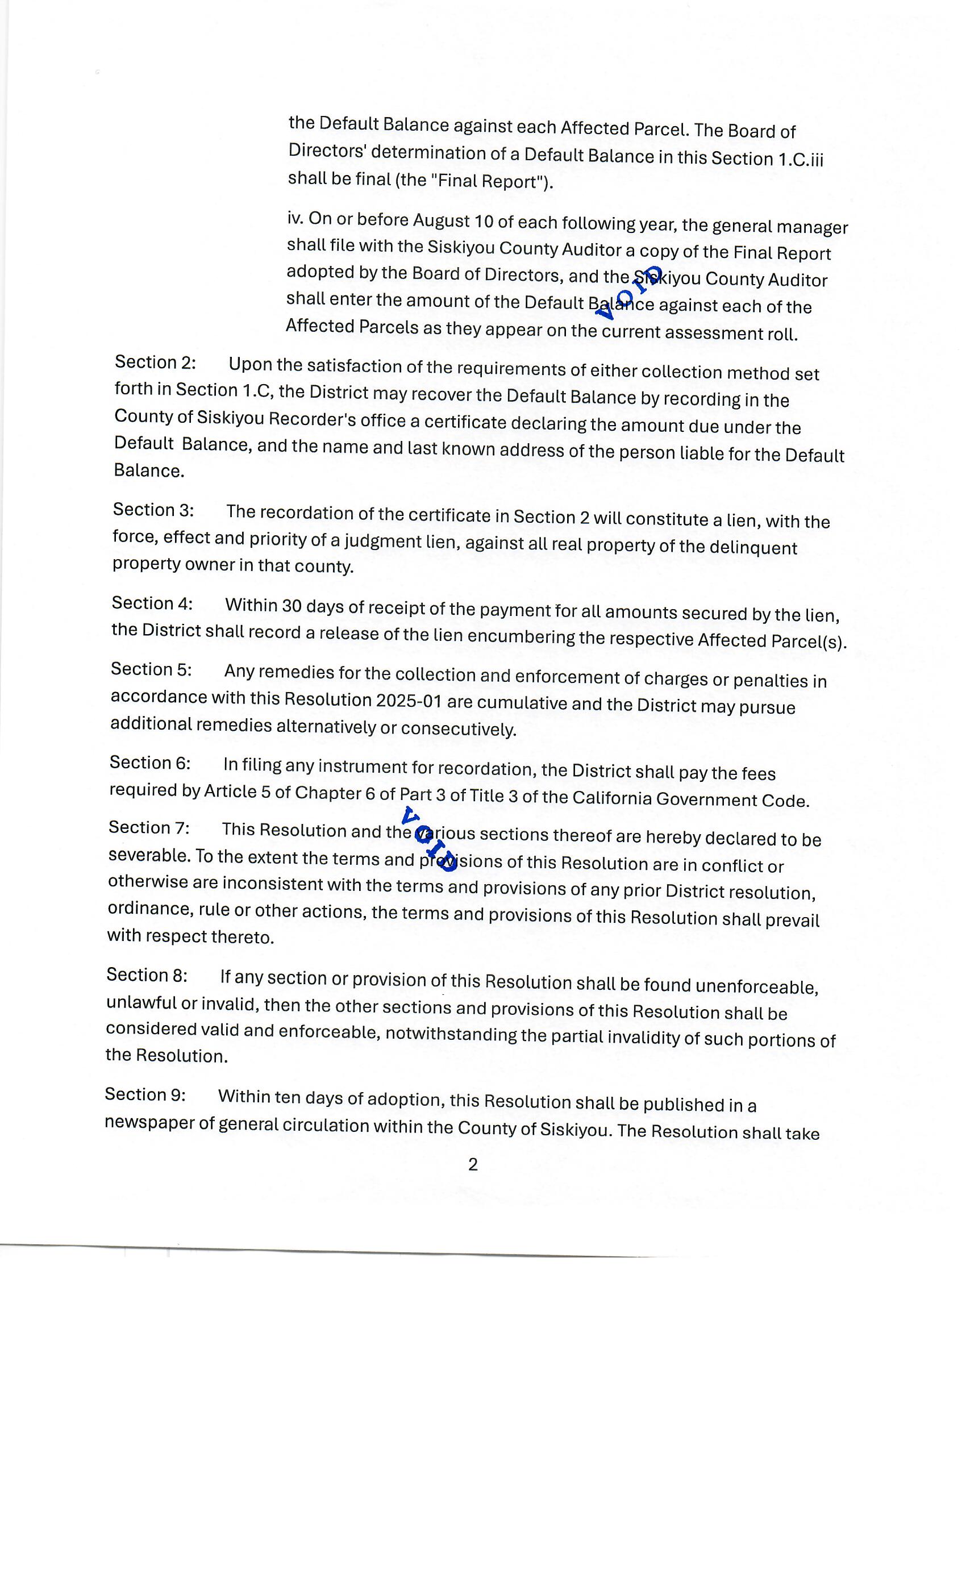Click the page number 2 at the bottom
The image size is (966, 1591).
coord(473,1164)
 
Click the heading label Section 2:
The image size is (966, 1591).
coord(155,363)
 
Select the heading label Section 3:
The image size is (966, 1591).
coord(153,510)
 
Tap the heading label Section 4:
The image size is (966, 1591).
coord(152,603)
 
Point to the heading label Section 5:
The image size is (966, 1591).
coord(151,669)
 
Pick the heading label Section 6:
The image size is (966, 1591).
coord(150,763)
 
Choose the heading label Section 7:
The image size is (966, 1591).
coord(148,827)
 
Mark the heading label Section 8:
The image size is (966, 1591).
coord(147,974)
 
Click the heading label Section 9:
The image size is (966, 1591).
coord(145,1094)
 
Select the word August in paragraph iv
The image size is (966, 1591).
coord(442,221)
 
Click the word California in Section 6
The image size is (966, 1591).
coord(611,799)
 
